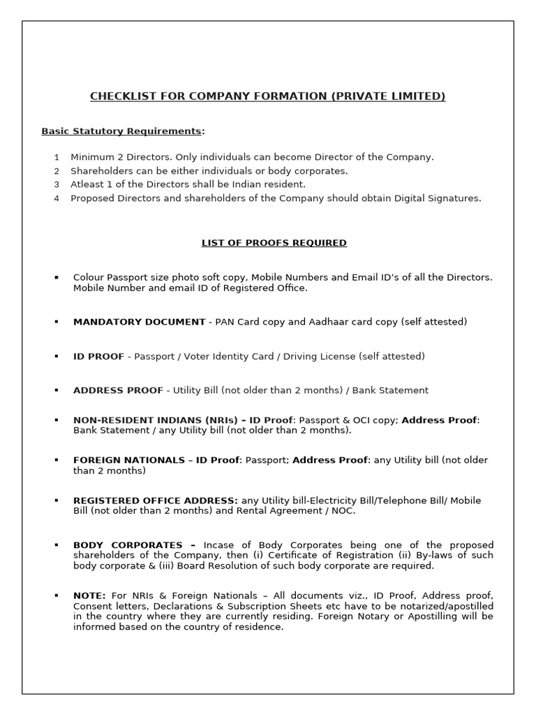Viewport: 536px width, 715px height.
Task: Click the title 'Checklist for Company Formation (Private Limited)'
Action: click(x=267, y=96)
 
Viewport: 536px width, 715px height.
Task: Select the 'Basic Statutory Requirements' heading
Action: click(x=123, y=131)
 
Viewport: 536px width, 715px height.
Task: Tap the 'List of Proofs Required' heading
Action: click(x=274, y=243)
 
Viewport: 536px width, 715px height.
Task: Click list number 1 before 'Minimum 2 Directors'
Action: click(x=57, y=158)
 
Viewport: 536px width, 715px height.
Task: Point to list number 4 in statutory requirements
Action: click(x=57, y=198)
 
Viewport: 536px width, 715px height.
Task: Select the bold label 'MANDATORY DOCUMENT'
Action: click(x=139, y=322)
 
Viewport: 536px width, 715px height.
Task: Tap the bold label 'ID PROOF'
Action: click(x=98, y=356)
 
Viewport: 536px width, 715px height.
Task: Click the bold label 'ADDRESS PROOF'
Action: click(x=118, y=390)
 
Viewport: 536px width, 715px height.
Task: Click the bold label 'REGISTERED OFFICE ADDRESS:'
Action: click(x=156, y=501)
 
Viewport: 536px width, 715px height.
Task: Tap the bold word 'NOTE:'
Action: click(x=89, y=596)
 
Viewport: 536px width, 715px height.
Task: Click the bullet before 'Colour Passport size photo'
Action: click(x=57, y=278)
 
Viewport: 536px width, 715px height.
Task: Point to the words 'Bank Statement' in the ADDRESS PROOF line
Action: click(x=390, y=390)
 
